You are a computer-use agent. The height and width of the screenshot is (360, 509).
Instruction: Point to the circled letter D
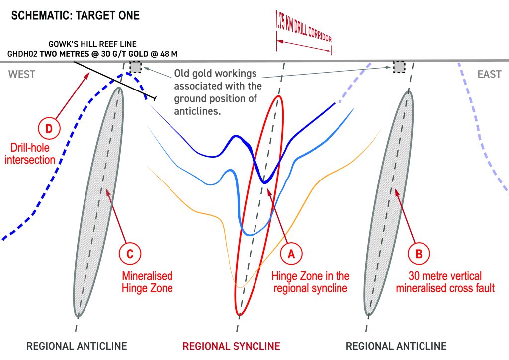coord(49,129)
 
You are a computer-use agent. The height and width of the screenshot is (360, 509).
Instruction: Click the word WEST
coord(22,75)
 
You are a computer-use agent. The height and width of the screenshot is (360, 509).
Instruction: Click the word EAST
coord(489,75)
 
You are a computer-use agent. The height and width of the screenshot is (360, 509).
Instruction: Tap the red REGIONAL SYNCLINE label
coord(231,346)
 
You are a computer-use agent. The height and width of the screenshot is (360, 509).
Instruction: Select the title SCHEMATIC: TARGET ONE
coord(76,15)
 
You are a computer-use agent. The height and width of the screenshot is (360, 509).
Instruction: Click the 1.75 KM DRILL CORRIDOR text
coord(303,27)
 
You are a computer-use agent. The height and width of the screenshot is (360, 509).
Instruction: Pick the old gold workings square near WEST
coord(135,67)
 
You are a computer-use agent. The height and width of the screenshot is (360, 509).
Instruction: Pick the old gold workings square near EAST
coord(399,67)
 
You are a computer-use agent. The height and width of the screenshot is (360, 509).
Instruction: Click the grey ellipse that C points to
coord(99,202)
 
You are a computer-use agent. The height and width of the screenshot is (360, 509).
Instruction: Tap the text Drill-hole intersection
coord(30,154)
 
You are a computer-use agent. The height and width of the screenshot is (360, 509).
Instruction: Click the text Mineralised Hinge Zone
coord(147,282)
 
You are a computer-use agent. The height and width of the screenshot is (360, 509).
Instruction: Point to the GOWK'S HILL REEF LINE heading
coord(92,44)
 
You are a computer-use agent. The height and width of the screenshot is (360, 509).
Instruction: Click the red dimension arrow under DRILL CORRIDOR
coord(304,46)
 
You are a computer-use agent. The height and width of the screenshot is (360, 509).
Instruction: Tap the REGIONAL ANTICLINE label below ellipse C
coord(77,346)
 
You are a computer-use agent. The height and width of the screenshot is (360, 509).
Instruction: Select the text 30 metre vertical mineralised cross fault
coord(445,282)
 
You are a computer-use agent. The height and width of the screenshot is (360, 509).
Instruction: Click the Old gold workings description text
coord(218,92)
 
